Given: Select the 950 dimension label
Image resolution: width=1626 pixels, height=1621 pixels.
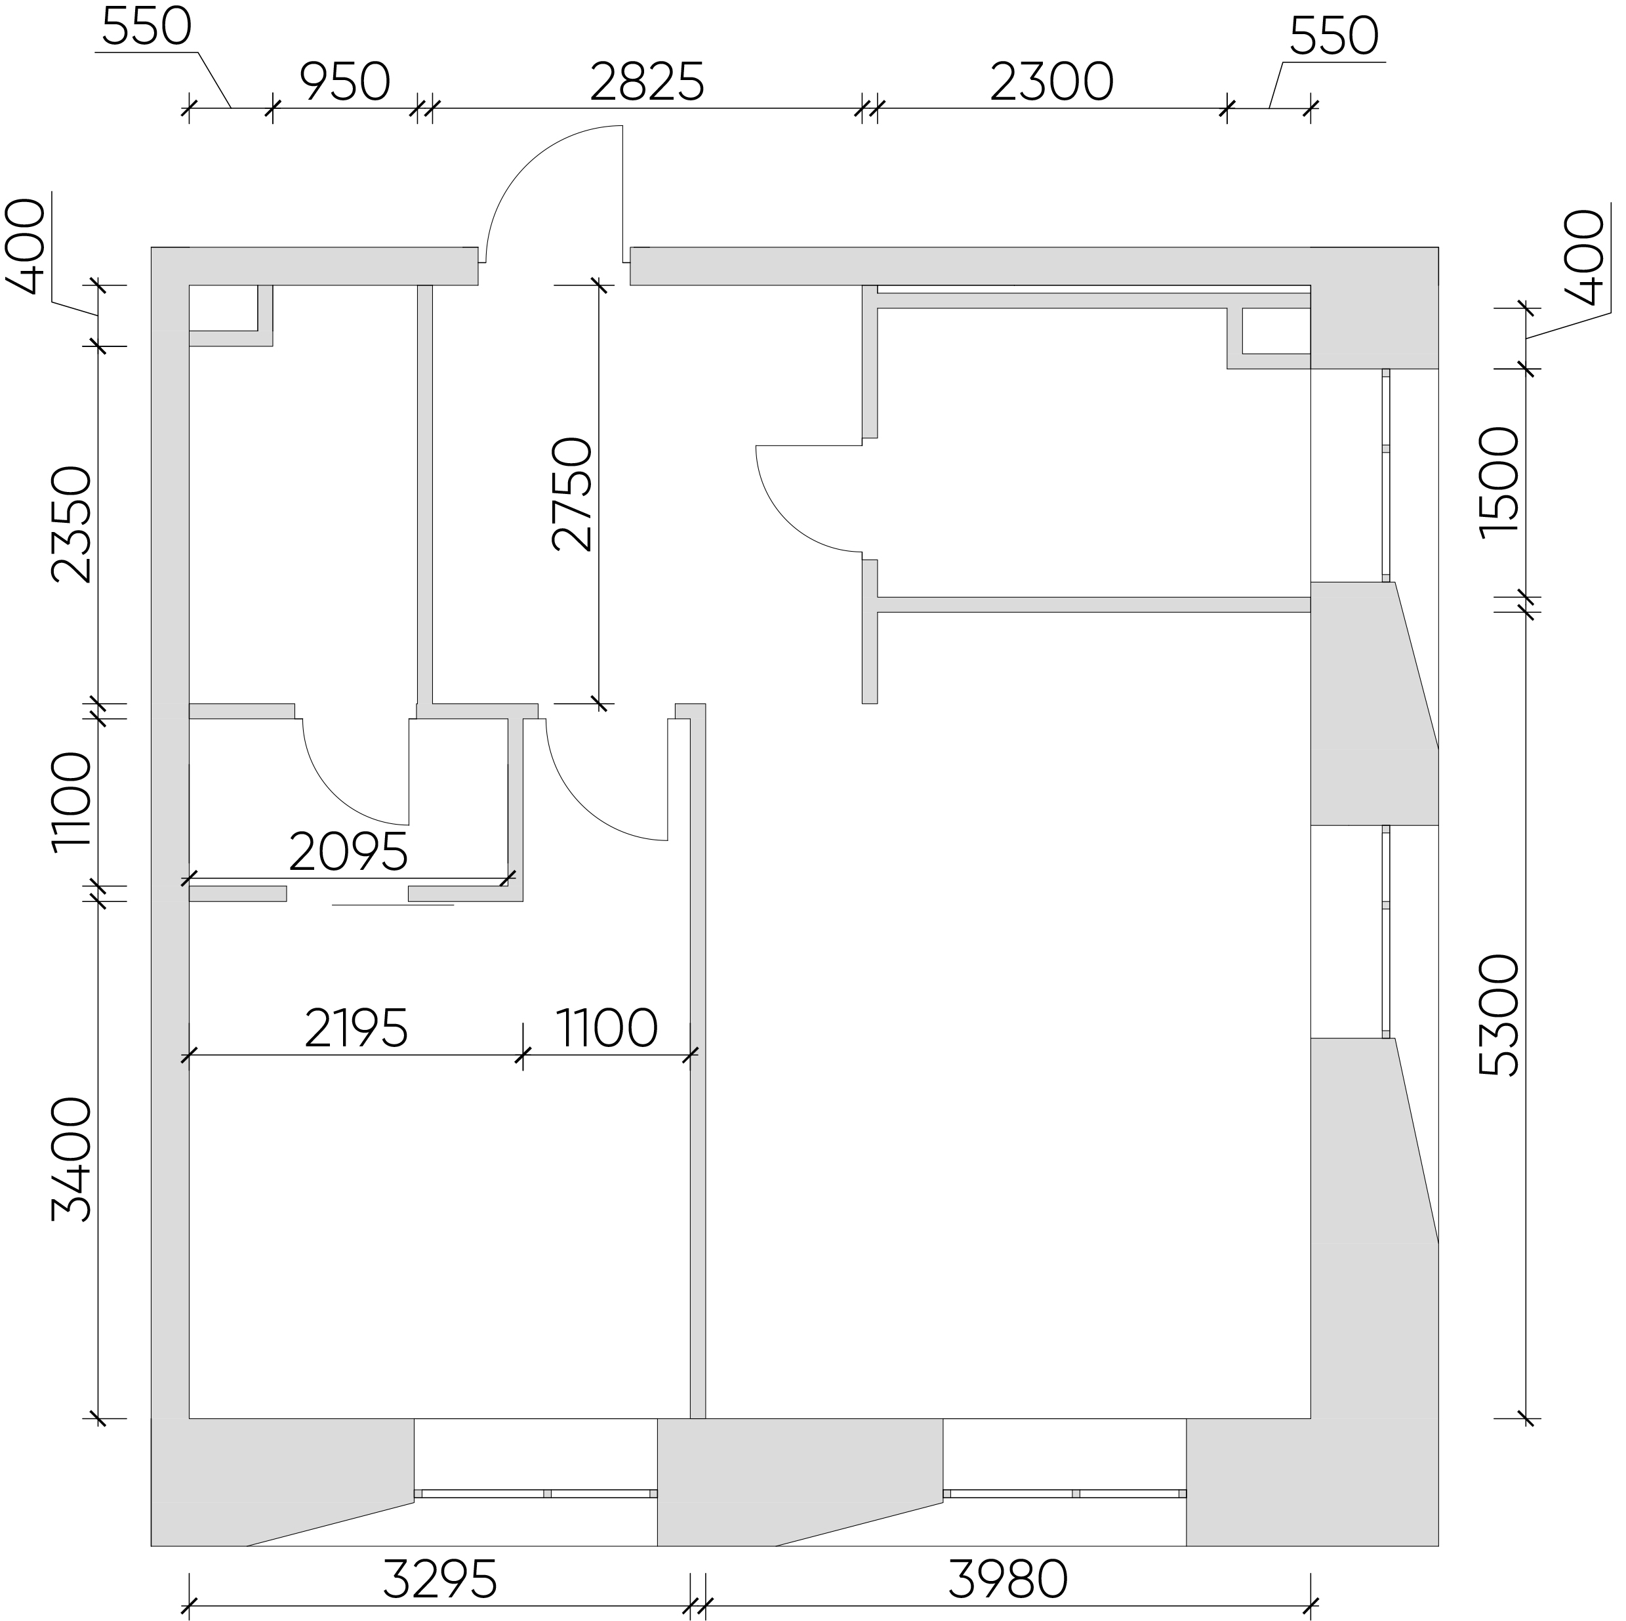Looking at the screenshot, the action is pos(345,83).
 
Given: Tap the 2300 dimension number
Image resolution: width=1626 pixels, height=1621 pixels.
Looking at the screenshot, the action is pos(1051,83).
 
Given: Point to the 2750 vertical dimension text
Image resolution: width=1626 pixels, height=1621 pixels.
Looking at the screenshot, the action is pos(573,494).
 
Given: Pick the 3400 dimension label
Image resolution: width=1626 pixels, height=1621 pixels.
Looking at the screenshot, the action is pos(71,1160).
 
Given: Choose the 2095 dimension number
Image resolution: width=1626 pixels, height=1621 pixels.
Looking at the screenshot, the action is pos(348,852).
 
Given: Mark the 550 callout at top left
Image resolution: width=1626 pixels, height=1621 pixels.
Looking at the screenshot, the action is pos(148,28).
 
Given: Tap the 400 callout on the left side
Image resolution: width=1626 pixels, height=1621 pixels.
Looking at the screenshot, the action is pos(25,246).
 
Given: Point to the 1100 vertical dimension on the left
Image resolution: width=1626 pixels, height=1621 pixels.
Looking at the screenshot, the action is pos(71,803).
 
